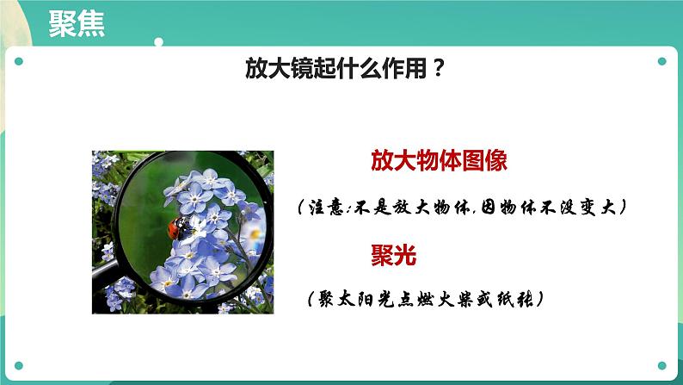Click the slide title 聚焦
(x=77, y=24)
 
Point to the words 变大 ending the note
(x=597, y=208)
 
